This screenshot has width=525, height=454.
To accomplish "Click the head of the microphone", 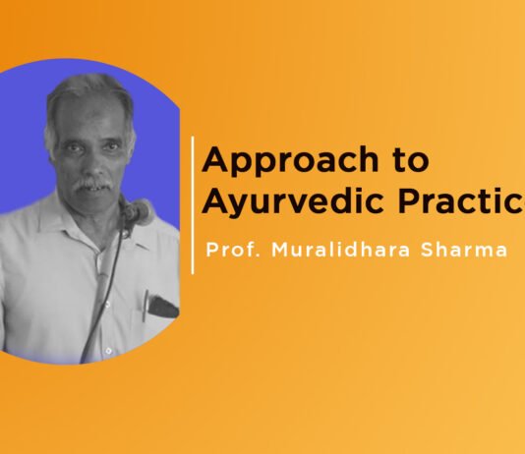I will tap(137, 209).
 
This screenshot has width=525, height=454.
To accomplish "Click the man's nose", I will tap(90, 164).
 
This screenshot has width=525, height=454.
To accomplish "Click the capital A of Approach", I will tap(212, 160).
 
